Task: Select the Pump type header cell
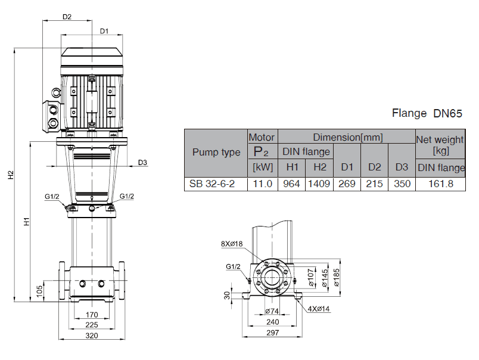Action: (216, 152)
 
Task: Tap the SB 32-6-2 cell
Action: (212, 184)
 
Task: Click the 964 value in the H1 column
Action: (291, 184)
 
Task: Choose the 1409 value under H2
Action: (319, 184)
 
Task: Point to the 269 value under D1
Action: (347, 184)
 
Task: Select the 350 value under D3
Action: (402, 184)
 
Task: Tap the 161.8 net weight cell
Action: (441, 184)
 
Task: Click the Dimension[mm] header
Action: (347, 137)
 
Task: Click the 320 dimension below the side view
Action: (92, 335)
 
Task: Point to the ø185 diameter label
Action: (338, 276)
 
